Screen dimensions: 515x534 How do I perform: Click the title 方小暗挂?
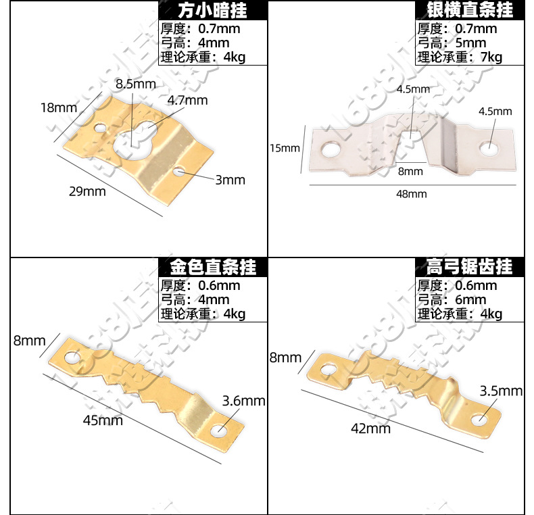point(212,10)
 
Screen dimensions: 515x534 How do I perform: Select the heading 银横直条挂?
point(470,10)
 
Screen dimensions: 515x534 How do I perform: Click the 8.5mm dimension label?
point(135,84)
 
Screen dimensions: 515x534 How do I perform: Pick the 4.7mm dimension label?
point(187,101)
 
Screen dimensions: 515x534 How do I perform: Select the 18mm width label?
point(59,107)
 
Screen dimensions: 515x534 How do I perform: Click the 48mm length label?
point(411,194)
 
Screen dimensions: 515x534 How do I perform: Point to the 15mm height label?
point(284,148)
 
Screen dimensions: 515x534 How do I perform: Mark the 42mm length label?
point(370,428)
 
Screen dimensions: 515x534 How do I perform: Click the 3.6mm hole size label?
point(243,401)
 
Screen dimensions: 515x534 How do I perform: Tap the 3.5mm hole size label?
point(501,391)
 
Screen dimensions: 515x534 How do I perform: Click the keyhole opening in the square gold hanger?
point(133,141)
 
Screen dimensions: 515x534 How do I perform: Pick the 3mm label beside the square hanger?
point(230,180)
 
